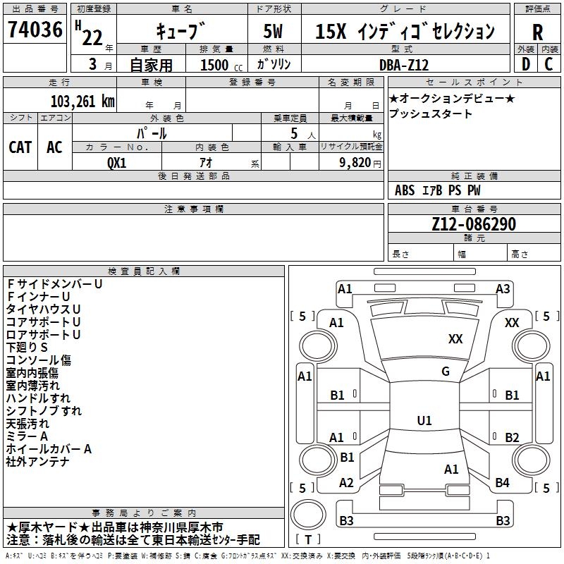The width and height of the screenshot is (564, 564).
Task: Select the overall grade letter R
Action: coord(538,33)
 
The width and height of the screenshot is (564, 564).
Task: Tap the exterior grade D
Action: coord(525,63)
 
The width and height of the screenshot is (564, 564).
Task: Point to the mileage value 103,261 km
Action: coord(82,101)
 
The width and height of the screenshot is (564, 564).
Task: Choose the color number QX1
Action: coord(116,161)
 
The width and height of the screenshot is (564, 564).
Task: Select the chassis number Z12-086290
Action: coord(474,225)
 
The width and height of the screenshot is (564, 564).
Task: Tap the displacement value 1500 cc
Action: coord(219,65)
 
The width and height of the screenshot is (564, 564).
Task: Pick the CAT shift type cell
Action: coord(20,147)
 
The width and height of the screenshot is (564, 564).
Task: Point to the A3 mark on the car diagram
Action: coord(503,288)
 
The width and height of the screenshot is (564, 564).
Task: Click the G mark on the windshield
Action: coord(446,372)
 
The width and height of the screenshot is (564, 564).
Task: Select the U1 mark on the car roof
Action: coord(424,420)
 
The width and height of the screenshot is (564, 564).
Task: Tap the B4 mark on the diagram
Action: coord(502,482)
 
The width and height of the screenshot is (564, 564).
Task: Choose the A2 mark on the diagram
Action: coord(346,482)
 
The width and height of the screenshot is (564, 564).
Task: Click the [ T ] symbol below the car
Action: coord(308,539)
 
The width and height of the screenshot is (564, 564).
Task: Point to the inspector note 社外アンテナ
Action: coord(37,462)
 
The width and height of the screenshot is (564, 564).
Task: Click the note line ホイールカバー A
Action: coord(49,449)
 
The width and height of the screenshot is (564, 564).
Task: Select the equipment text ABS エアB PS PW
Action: coord(438,190)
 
